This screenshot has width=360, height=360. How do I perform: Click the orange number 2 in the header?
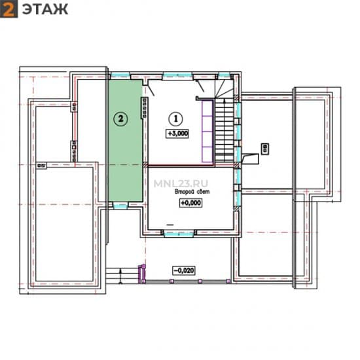pos(9,9)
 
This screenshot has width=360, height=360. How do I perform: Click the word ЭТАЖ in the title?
pos(45,9)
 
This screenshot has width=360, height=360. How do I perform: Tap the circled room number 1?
pos(176,119)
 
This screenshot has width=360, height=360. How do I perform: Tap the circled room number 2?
pos(121,119)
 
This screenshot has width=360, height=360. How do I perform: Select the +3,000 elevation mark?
pos(177,134)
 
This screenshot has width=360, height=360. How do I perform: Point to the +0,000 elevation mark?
pos(190,203)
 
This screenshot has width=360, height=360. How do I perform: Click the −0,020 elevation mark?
pos(184,270)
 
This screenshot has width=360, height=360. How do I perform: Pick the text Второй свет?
pos(192,192)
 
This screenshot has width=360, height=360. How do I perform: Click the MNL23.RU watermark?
pos(181,183)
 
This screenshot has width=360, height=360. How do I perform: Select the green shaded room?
pos(126,141)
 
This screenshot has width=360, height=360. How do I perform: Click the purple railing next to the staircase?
pos(207,131)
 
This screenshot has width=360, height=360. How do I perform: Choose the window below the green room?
pos(120,206)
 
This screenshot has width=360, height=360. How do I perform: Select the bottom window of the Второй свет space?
pos(179,234)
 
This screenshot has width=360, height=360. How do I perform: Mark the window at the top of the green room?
pos(120,75)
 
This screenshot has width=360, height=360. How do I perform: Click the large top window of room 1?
pos(177,75)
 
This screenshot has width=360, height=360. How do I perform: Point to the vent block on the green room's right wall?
pos(145,108)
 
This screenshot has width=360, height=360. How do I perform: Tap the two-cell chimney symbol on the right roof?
pos(265,149)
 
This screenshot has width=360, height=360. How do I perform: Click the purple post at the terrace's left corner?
pos(142,274)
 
